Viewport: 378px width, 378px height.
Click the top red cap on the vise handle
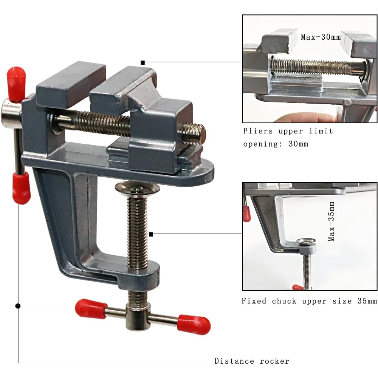click(x=17, y=79)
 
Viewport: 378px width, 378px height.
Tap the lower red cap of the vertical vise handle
click(x=21, y=187)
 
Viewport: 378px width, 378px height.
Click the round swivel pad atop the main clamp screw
click(x=138, y=187)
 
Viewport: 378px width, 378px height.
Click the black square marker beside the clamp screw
click(x=151, y=234)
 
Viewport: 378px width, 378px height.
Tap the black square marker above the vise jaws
click(x=143, y=62)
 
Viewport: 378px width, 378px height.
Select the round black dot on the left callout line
click(x=18, y=306)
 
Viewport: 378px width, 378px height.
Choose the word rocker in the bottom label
click(x=274, y=361)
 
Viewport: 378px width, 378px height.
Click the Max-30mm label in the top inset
click(x=321, y=37)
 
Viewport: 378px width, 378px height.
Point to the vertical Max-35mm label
click(x=332, y=222)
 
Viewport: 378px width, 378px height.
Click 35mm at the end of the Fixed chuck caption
click(x=367, y=301)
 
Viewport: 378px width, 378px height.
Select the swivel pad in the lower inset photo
click(x=306, y=242)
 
